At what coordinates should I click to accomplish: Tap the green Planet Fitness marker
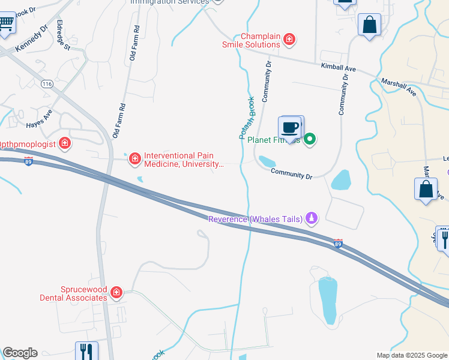point(310,140)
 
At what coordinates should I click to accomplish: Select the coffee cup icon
point(291,128)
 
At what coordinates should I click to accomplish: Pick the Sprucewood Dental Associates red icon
point(116,293)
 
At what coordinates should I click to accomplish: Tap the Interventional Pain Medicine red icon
point(135,158)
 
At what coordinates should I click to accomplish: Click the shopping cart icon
point(6,24)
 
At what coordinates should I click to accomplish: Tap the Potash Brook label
point(247,118)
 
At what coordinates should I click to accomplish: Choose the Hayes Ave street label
point(40,118)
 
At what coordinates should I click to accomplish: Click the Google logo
point(19,353)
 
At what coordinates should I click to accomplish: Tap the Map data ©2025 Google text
point(412,355)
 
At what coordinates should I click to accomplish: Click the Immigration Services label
point(170,2)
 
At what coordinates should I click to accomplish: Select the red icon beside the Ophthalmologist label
point(64,144)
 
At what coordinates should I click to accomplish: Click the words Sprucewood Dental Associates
point(73,293)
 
